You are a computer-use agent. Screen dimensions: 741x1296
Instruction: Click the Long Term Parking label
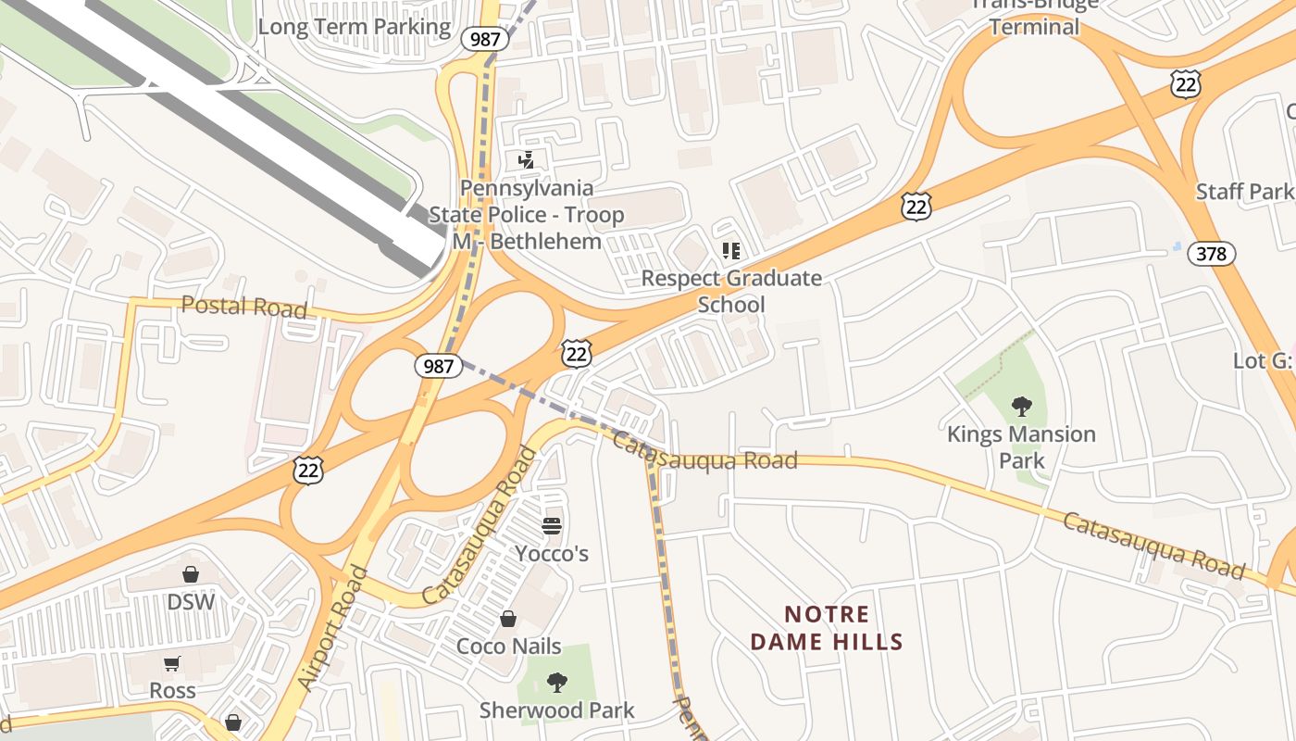(354, 27)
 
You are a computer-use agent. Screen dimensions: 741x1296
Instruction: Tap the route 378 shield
(1211, 253)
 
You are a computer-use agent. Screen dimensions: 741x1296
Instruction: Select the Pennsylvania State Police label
(526, 215)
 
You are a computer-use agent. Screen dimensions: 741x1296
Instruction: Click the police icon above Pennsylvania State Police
(526, 160)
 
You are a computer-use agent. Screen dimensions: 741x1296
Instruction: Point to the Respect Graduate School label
(731, 291)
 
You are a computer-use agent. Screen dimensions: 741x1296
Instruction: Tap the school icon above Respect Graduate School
(731, 251)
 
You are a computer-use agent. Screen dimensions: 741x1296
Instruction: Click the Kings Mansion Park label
(1021, 446)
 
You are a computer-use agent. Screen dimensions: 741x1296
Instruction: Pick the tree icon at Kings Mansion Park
(1022, 406)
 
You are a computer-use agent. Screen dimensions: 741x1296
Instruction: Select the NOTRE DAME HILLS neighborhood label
(827, 628)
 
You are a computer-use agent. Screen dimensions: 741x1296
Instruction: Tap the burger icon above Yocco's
(552, 526)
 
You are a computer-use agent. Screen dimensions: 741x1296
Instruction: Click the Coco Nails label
(509, 646)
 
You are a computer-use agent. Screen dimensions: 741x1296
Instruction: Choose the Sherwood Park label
(556, 710)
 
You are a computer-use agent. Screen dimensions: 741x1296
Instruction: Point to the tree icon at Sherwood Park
(556, 684)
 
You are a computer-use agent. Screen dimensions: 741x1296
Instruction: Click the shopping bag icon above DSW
(191, 574)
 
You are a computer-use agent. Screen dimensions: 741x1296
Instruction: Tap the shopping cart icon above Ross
(172, 663)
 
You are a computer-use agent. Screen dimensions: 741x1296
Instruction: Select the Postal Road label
(243, 306)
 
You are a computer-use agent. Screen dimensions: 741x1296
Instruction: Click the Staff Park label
(1244, 192)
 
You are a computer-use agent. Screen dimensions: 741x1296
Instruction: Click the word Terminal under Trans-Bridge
(1034, 27)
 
